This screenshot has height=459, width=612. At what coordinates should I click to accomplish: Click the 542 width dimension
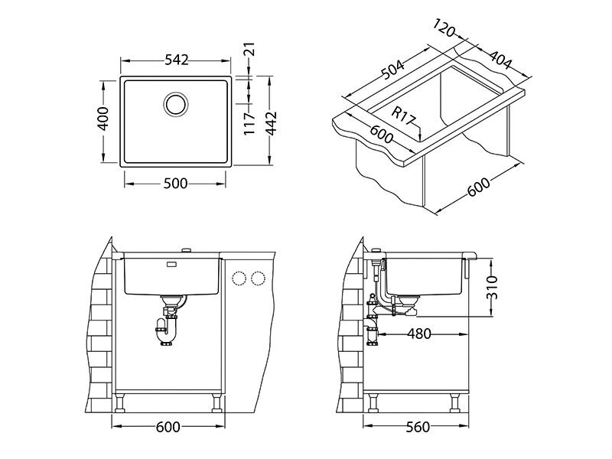[x=177, y=60]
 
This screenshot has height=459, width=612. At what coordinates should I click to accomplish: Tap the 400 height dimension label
[x=103, y=119]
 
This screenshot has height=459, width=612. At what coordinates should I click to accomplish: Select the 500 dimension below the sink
[x=175, y=184]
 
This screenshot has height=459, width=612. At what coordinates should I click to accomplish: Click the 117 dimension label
[x=249, y=124]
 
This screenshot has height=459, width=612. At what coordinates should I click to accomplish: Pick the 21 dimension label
[x=249, y=49]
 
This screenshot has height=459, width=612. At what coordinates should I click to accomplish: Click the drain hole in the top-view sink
[x=176, y=104]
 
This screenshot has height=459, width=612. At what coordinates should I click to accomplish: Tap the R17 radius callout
[x=403, y=116]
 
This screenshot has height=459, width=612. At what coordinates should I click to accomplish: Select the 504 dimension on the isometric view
[x=392, y=69]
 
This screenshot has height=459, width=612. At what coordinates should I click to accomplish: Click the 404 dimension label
[x=500, y=59]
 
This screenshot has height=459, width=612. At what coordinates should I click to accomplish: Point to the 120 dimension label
[x=444, y=28]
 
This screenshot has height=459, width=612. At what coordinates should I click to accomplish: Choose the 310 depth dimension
[x=491, y=288]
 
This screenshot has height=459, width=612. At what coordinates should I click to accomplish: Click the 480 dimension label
[x=419, y=334]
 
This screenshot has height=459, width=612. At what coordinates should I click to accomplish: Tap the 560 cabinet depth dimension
[x=417, y=427]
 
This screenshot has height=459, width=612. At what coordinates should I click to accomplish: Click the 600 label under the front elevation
[x=168, y=427]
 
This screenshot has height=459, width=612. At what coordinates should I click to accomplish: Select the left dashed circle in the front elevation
[x=239, y=278]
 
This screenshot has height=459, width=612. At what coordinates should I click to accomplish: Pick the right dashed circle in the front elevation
[x=258, y=278]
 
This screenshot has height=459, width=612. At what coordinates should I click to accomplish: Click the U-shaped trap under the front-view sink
[x=168, y=331]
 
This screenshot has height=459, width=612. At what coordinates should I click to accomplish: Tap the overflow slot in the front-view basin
[x=171, y=264]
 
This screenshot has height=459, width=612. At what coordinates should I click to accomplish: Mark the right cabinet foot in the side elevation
[x=455, y=402]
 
